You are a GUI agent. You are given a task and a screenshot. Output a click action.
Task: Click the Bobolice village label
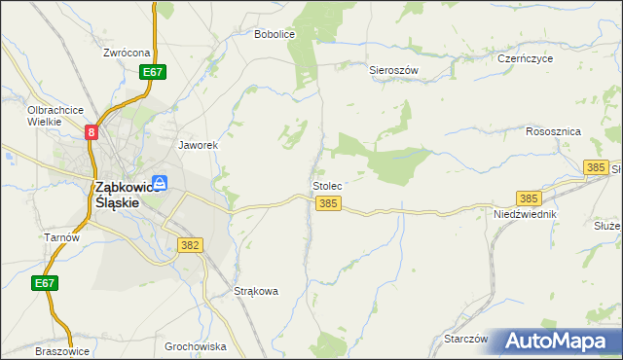pyautogui.click(x=274, y=34)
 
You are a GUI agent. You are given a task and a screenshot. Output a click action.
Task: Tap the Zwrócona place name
pyautogui.click(x=127, y=53)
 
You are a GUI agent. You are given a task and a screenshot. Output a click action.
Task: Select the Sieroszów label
pyautogui.click(x=393, y=71)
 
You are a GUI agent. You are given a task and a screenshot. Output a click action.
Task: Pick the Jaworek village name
pyautogui.click(x=197, y=145)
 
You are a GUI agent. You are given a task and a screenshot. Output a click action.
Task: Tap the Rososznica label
pyautogui.click(x=553, y=131)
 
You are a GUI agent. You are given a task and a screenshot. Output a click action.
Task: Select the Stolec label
pyautogui.click(x=326, y=185)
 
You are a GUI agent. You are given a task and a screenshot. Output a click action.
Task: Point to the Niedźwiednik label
pyautogui.click(x=525, y=213)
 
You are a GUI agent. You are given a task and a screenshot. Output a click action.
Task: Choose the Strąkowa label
pyautogui.click(x=257, y=291)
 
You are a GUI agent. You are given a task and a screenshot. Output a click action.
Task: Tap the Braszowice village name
pyautogui.click(x=62, y=351)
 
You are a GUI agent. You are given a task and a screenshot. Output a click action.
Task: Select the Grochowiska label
pyautogui.click(x=196, y=346)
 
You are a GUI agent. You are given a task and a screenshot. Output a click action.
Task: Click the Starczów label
pyautogui.click(x=464, y=339)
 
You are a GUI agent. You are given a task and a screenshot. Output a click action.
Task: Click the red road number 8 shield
pyautogui.click(x=91, y=132)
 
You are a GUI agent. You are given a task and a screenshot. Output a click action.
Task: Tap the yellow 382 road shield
pyautogui.click(x=190, y=245)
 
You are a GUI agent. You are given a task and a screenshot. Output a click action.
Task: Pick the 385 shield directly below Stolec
pyautogui.click(x=328, y=203)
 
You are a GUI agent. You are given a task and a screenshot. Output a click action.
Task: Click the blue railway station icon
pyautogui.click(x=160, y=182)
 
